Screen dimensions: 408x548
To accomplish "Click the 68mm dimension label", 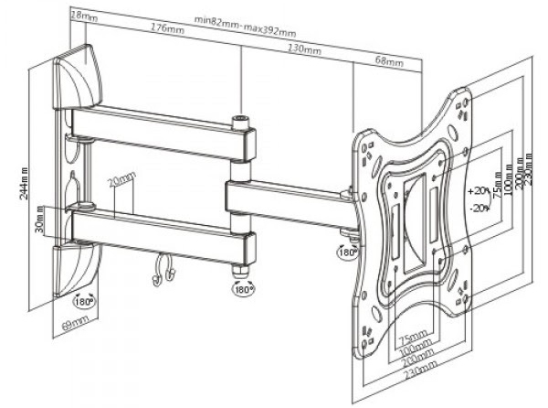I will click(388, 62).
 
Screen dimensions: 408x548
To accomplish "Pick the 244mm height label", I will click(25, 180).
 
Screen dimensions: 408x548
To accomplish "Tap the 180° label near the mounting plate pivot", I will click(347, 252).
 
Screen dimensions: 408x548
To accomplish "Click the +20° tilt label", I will click(476, 193).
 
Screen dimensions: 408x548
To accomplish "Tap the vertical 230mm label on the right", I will click(532, 179).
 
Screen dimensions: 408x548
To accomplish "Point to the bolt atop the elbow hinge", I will click(242, 119).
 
